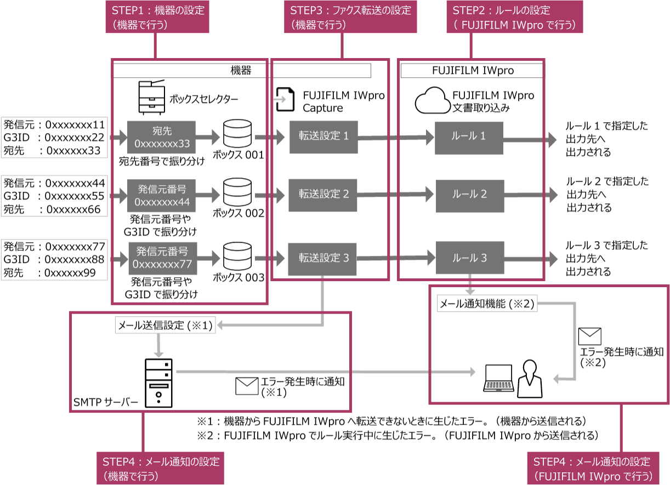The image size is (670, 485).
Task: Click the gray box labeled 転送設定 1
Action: [x=323, y=135]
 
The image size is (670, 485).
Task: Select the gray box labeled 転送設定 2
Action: [x=323, y=193]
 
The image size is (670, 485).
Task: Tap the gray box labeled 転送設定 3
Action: [x=323, y=258]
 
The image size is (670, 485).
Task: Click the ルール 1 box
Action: [x=469, y=135]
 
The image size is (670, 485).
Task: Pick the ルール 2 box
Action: [x=469, y=193]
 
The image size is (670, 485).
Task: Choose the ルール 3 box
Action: [x=469, y=258]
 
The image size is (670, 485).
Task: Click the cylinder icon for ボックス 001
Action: [x=237, y=134]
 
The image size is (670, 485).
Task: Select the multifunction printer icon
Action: [x=151, y=96]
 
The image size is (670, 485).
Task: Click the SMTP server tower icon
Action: [x=158, y=383]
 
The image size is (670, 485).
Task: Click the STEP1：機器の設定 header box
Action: [x=157, y=18]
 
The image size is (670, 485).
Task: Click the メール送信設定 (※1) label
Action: [x=165, y=326]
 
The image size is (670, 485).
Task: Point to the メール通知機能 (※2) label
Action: [x=487, y=303]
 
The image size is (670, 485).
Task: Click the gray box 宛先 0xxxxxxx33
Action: [x=162, y=137]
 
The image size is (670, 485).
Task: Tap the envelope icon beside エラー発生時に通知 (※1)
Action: [x=246, y=386]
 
